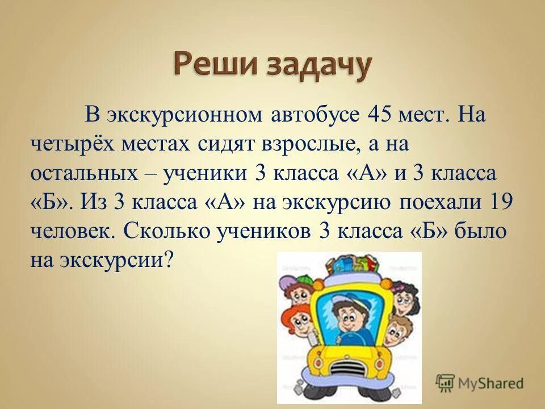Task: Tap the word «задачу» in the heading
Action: [314, 66]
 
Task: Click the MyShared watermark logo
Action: [479, 383]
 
